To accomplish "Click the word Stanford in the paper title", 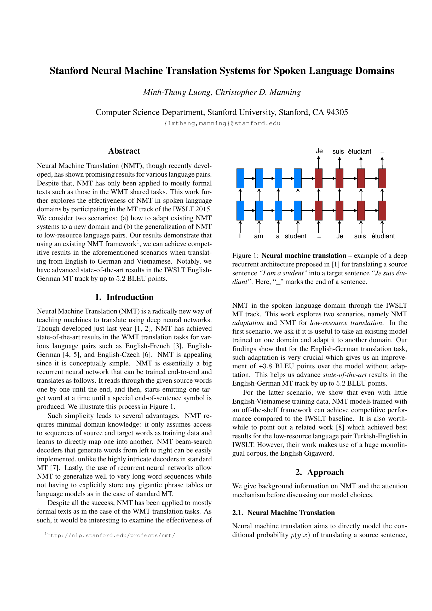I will coord(69,71).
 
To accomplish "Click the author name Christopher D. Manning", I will coord(258,92).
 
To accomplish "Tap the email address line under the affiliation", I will coord(222,124).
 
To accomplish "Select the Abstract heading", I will coord(124,151).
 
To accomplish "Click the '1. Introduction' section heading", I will coord(124,297).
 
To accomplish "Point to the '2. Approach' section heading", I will coord(319,472).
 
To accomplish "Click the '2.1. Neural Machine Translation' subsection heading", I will coord(283,513).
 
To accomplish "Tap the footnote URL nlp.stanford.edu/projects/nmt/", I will coord(111,536).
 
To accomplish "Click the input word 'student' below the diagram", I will coord(296,236).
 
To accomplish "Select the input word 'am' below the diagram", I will coord(258,236).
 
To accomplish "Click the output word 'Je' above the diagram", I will coord(319,151).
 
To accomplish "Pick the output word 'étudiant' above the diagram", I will coord(360,152).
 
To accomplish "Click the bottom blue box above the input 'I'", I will coord(240,211).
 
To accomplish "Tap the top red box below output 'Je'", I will coord(319,178).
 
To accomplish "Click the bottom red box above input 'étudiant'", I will coord(382,211).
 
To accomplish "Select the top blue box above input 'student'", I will coord(298,178).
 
